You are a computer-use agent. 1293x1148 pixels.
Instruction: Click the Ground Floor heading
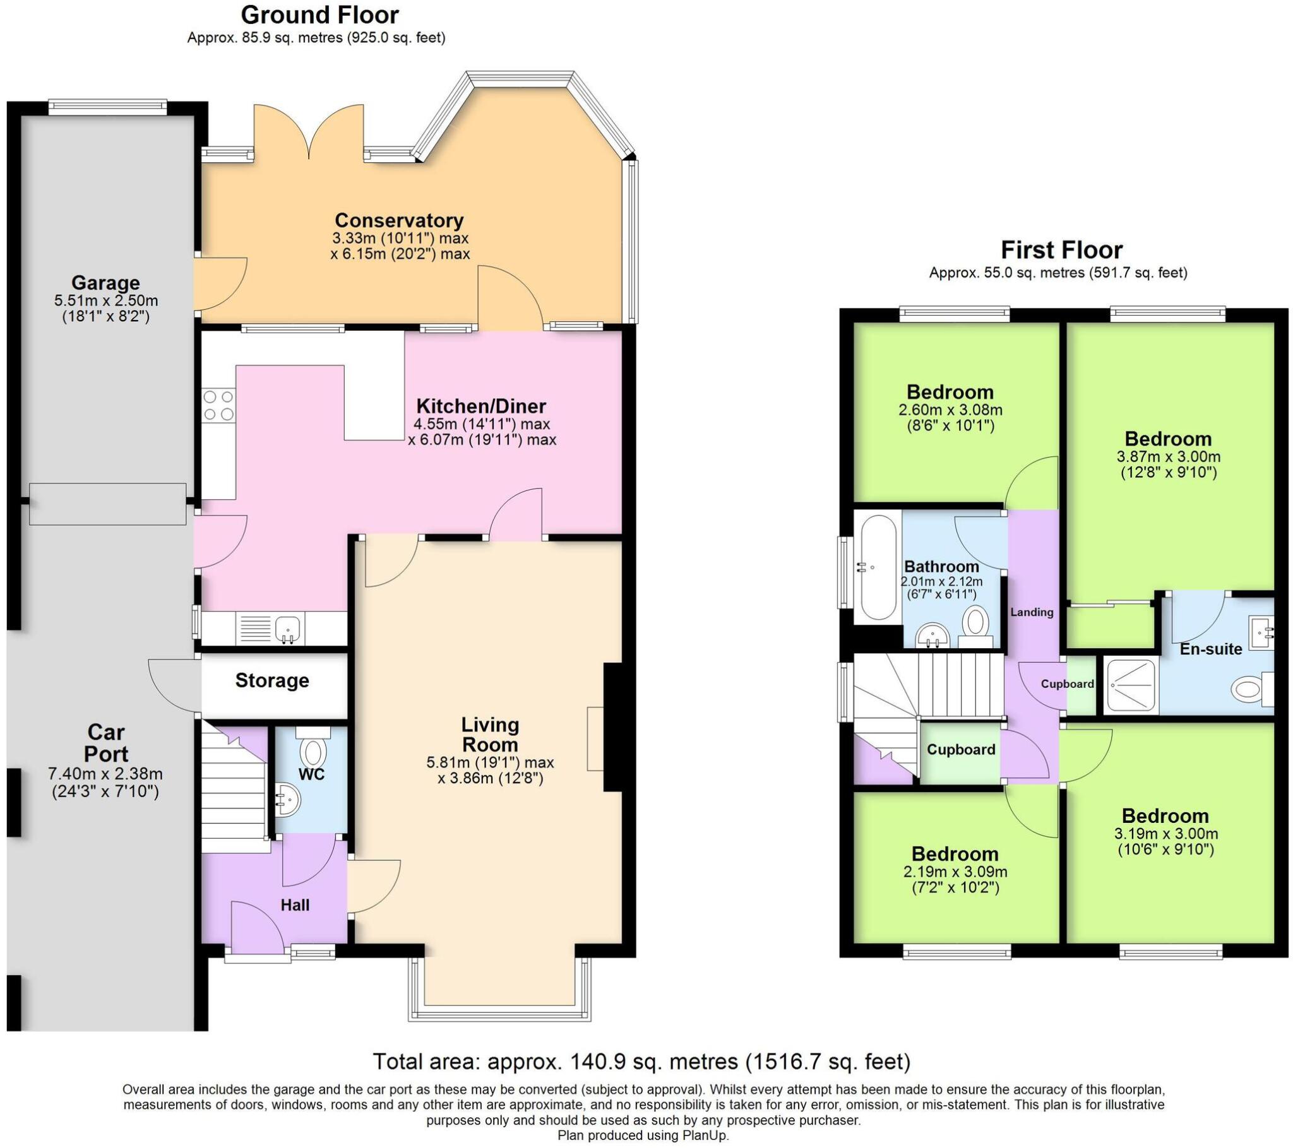tap(319, 15)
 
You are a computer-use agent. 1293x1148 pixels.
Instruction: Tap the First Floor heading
tap(1061, 251)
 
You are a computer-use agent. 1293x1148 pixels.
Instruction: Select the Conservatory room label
tap(399, 220)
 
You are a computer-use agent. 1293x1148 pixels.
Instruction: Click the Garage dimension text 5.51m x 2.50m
tap(105, 300)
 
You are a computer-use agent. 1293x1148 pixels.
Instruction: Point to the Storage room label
tap(272, 680)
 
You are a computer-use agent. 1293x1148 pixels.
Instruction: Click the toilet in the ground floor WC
tap(313, 750)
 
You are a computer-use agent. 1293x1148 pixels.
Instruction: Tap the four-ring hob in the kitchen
tap(218, 405)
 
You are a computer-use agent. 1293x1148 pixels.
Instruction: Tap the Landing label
tap(1032, 612)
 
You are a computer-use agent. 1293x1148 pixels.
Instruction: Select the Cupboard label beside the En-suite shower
tap(1067, 683)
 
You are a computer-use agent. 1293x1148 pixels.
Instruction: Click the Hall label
tap(295, 905)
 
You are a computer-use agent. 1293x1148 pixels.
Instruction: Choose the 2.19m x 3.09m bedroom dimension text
tap(955, 872)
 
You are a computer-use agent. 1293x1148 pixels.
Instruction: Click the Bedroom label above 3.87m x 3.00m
tap(1168, 439)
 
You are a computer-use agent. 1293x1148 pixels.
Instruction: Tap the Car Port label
tap(106, 743)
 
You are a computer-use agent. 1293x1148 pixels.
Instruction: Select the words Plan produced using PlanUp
tap(643, 1135)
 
